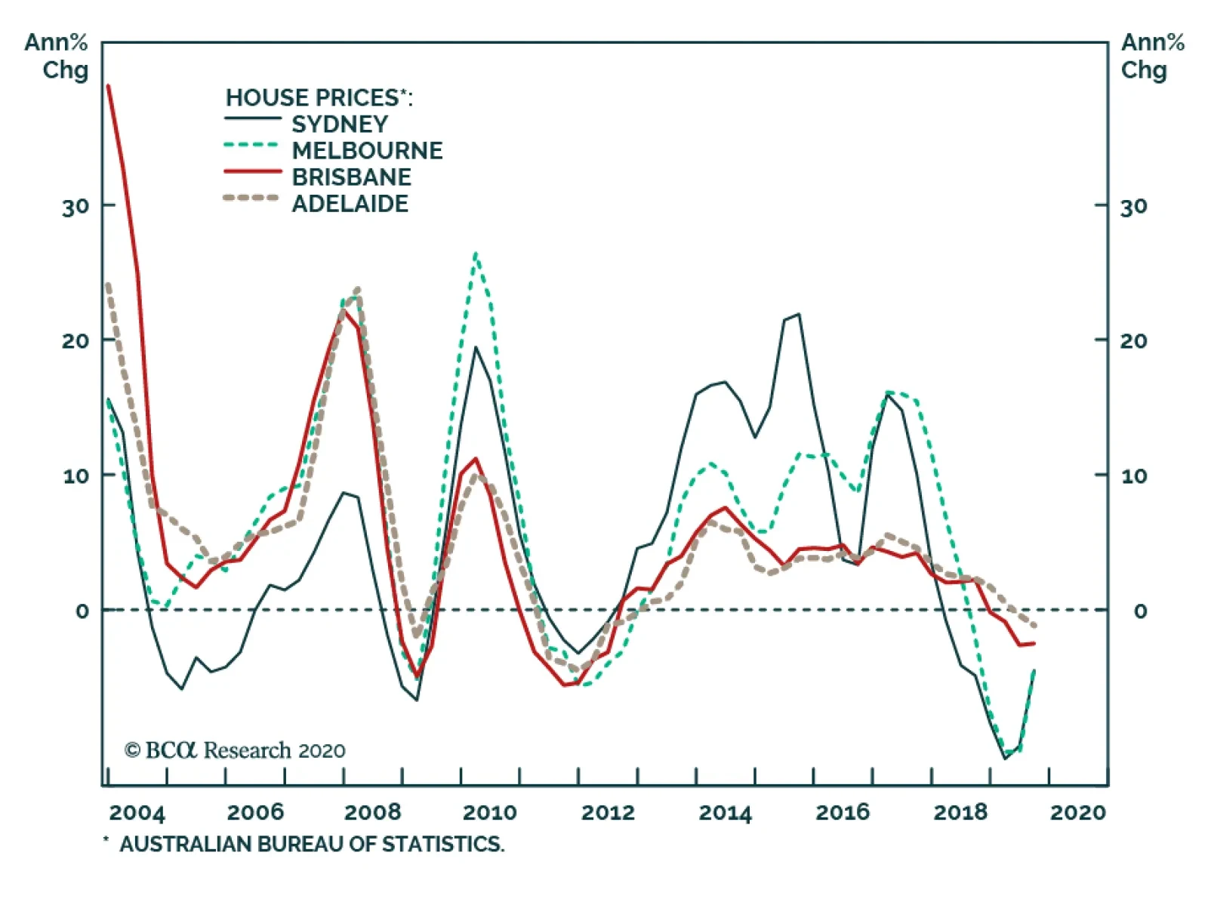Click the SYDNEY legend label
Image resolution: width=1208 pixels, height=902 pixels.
[340, 125]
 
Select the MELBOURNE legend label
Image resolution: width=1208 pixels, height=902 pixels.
[367, 151]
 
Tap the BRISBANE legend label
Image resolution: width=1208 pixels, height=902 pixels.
[351, 177]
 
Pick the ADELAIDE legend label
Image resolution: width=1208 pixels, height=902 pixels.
[350, 204]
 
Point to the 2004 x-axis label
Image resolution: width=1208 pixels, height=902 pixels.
[137, 813]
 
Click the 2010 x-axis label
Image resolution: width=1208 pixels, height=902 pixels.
[489, 813]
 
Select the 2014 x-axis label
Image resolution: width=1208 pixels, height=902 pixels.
[725, 813]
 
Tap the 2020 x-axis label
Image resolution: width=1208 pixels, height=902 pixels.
[1077, 813]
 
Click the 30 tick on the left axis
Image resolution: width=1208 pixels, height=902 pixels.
[75, 206]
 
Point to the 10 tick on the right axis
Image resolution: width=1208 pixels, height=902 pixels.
[1133, 476]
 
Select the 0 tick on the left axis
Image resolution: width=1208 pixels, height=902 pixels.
[82, 611]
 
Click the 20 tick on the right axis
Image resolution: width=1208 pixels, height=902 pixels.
[1133, 341]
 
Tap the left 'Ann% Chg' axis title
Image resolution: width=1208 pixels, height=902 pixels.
[57, 56]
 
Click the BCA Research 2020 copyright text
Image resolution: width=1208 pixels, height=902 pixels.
[235, 750]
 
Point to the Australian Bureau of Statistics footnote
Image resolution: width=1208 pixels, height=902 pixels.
[305, 844]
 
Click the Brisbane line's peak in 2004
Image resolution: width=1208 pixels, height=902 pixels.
[109, 86]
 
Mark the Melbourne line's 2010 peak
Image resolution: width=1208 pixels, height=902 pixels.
[476, 254]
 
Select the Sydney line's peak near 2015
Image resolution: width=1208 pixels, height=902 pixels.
[798, 314]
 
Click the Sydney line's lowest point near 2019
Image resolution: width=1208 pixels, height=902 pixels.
[1005, 758]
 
